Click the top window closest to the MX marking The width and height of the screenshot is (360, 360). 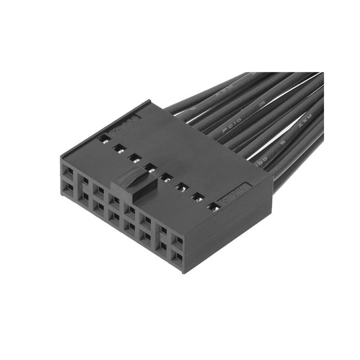[213, 207]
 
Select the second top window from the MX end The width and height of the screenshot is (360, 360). [197, 197]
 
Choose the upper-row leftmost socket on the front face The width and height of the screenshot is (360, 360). [68, 171]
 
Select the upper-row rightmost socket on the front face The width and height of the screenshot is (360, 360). [179, 241]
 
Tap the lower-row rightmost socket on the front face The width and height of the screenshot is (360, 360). [179, 257]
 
